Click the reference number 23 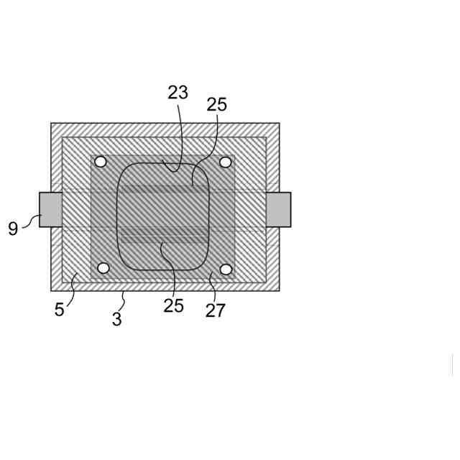click(x=178, y=93)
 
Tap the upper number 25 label click(x=217, y=104)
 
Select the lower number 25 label click(x=174, y=305)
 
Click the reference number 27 click(x=216, y=310)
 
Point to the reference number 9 click(x=13, y=229)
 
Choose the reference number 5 click(x=59, y=309)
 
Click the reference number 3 click(x=116, y=319)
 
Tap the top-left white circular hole click(x=101, y=162)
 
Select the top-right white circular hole click(x=225, y=162)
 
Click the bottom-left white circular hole click(x=103, y=268)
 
